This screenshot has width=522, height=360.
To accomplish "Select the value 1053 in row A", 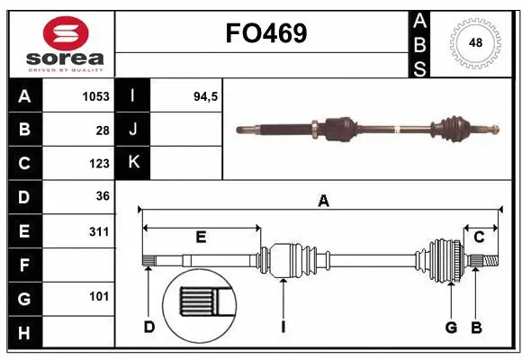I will pos(95,95).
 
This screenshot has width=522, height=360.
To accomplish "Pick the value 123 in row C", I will pos(99,164).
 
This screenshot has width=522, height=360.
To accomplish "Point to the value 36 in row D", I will pos(103,196).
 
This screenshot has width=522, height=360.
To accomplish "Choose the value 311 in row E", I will pos(99,231).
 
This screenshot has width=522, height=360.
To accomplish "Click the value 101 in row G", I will pos(99,296).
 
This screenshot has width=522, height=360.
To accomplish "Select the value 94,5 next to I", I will pos(207,95).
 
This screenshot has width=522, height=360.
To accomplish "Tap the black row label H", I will pos(24,333).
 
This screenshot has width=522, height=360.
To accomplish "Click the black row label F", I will pos(24,265).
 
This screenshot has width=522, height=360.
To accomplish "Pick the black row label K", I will pos(134,163).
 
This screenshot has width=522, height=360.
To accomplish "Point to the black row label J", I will pos(134,130).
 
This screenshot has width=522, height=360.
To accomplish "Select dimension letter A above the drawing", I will pos(323,202).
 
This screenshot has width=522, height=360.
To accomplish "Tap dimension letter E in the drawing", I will pos(201,238).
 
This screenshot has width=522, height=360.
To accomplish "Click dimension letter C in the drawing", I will pos(479,238).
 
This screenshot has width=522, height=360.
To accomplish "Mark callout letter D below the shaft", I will pos(149,326).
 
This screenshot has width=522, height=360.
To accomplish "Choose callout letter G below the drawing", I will pos(451,326).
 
